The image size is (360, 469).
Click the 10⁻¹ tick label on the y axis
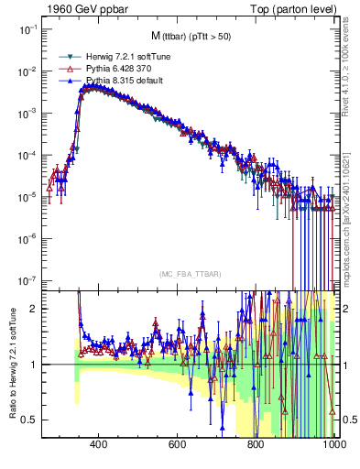(27, 29)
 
